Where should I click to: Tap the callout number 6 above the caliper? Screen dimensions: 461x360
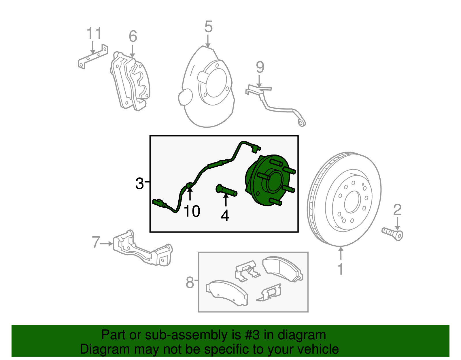(133, 36)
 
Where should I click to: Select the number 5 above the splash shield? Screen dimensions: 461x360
(208, 27)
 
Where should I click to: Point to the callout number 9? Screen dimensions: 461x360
(260, 67)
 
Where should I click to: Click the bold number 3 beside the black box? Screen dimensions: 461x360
(139, 184)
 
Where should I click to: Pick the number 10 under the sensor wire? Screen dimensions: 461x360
(192, 211)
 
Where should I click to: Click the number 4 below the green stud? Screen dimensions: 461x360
(225, 216)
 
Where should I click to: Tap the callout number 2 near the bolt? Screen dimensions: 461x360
(397, 210)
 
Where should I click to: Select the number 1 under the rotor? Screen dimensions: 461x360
(341, 269)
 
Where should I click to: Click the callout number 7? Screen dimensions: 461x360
(96, 242)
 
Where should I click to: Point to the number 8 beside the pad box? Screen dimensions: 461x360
(190, 282)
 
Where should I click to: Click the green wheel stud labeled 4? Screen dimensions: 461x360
(226, 191)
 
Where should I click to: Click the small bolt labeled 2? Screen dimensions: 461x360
(393, 234)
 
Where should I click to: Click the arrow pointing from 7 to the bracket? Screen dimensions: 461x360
(107, 244)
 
